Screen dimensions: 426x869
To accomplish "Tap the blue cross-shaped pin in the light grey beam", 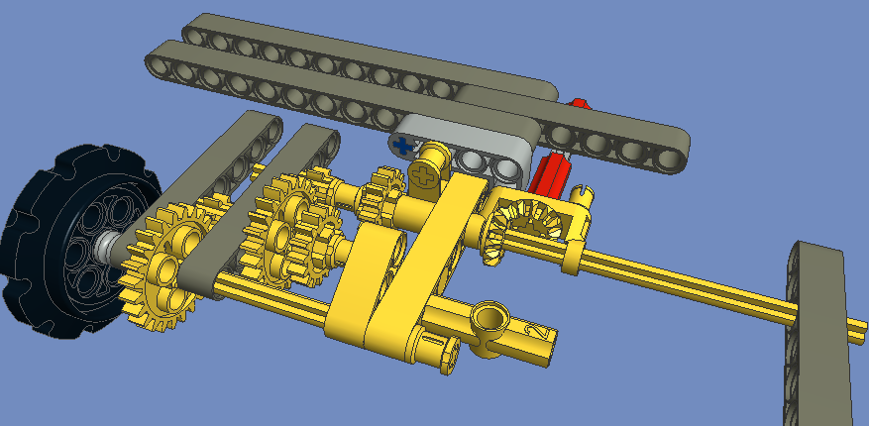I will point(402,146).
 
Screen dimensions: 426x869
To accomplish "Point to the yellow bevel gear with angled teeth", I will point(514,224).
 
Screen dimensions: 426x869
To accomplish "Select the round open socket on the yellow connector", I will point(489,319).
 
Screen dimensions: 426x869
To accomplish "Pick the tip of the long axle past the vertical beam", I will point(859,327).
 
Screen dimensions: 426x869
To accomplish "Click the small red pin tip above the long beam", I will point(579,101).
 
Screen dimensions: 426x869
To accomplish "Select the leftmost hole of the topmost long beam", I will point(195,36).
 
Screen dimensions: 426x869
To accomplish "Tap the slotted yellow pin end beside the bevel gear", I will point(585,198).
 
